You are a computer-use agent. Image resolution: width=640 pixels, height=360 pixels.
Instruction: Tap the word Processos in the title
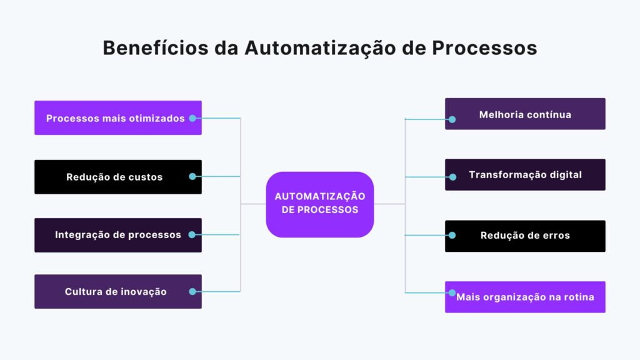tap(484, 48)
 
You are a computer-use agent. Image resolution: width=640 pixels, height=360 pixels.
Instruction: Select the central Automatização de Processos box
tap(320, 204)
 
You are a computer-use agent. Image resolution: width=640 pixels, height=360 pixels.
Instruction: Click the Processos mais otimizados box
tap(116, 117)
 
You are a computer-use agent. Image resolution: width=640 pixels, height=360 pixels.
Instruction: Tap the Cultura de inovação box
tap(116, 291)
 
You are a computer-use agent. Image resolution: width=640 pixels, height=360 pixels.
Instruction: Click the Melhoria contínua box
tap(525, 114)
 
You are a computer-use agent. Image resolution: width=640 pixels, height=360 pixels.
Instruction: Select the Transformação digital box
tap(525, 175)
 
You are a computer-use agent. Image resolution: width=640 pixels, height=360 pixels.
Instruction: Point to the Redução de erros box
tap(525, 236)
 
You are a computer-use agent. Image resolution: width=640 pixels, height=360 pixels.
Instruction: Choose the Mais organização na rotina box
tap(525, 297)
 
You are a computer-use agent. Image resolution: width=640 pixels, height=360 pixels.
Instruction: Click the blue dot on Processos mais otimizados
tap(192, 117)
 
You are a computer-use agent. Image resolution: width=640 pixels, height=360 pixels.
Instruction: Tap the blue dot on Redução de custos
tap(192, 177)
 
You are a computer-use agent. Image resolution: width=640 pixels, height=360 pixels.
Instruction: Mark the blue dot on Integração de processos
tap(192, 235)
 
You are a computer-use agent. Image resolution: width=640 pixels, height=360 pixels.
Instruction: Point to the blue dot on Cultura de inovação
tap(192, 291)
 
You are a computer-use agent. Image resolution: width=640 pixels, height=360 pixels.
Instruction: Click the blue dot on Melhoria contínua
tap(452, 119)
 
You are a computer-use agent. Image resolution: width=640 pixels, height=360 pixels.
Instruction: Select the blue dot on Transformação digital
tap(452, 177)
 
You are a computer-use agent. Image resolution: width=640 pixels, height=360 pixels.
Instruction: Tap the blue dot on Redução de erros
tap(452, 236)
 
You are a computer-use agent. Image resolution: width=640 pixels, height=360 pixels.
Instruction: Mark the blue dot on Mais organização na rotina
tap(452, 292)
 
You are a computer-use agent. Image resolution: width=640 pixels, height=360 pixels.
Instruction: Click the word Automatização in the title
tap(322, 48)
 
